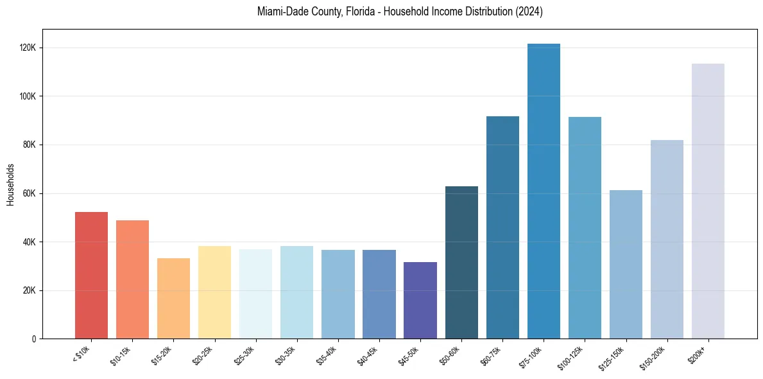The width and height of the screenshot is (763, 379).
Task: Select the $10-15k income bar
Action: click(132, 279)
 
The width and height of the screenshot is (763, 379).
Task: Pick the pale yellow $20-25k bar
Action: click(214, 292)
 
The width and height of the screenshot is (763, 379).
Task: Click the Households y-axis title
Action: click(10, 184)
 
